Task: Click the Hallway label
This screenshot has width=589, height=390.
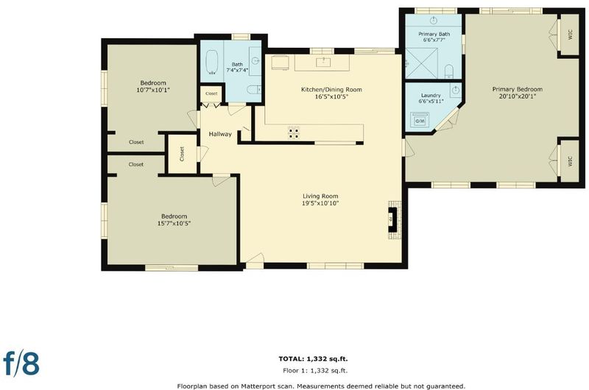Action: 220,134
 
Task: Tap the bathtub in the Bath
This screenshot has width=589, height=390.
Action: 213,62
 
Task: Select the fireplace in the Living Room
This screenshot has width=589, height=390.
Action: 394,219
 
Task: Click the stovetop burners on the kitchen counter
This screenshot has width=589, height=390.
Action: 294,132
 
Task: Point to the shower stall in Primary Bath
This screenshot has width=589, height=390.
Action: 421,63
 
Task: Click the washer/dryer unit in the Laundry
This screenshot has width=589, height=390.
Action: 420,120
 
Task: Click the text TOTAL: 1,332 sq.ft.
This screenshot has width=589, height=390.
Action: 314,359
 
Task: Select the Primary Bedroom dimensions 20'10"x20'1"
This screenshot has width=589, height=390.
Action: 518,96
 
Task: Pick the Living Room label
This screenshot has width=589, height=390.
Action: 320,196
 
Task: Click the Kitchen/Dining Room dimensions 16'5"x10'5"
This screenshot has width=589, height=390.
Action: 332,97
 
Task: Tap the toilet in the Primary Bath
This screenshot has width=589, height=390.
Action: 449,71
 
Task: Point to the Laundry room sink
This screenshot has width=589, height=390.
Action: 456,90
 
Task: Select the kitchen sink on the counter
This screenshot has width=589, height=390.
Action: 323,62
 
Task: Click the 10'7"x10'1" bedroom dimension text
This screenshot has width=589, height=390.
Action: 153,90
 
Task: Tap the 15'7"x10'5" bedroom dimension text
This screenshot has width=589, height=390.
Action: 174,224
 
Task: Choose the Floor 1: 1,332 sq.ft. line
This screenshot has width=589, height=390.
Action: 315,370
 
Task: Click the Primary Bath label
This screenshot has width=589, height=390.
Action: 434,34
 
